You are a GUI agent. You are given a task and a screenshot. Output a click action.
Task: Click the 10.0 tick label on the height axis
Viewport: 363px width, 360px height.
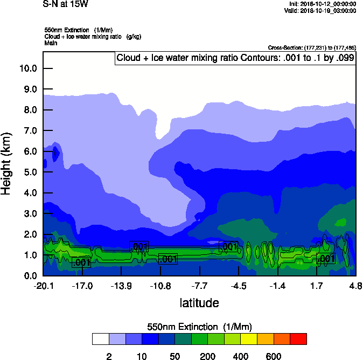pyautogui.click(x=28, y=68)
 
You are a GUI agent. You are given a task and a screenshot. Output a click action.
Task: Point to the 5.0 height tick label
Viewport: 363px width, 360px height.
pyautogui.click(x=28, y=172)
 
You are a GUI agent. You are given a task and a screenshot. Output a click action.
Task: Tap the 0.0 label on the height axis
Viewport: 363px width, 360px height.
pyautogui.click(x=28, y=276)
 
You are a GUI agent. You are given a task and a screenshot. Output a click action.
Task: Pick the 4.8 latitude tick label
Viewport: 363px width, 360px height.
pyautogui.click(x=355, y=286)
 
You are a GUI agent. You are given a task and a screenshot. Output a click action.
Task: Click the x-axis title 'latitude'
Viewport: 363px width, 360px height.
pyautogui.click(x=199, y=303)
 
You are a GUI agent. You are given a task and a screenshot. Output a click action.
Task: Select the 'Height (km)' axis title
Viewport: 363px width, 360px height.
pyautogui.click(x=7, y=164)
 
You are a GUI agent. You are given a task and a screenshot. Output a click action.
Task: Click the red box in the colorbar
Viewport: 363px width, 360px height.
pyautogui.click(x=298, y=339)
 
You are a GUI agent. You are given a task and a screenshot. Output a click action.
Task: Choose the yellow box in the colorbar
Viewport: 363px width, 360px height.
pyautogui.click(x=249, y=339)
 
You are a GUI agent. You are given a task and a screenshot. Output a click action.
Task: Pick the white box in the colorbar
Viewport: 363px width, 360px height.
pyautogui.click(x=100, y=339)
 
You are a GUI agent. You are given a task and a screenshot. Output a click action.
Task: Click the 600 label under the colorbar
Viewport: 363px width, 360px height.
pyautogui.click(x=274, y=356)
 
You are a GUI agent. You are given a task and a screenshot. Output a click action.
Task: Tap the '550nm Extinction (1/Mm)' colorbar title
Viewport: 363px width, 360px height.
pyautogui.click(x=199, y=327)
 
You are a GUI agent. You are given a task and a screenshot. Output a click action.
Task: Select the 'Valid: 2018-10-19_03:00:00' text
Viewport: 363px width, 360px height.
pyautogui.click(x=320, y=10)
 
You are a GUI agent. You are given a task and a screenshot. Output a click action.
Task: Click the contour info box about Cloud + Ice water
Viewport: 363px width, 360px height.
pyautogui.click(x=235, y=58)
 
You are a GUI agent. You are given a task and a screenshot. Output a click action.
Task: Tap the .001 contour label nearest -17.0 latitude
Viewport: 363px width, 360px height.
pyautogui.click(x=81, y=263)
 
